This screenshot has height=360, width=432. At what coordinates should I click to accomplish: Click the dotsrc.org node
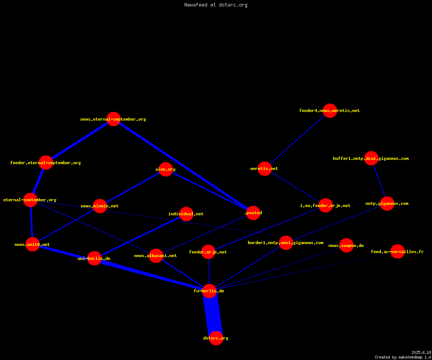click(216, 338)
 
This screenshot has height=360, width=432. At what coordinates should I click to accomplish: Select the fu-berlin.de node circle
click(209, 291)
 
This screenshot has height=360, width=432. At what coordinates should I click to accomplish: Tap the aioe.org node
click(166, 169)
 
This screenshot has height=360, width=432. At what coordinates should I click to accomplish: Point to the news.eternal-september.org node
click(113, 119)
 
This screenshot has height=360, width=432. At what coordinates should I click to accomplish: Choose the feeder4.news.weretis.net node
click(330, 111)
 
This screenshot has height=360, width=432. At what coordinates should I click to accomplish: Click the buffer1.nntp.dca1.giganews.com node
click(371, 158)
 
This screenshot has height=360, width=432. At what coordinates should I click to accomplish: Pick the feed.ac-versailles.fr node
click(397, 251)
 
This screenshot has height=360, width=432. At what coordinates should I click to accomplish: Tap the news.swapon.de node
click(346, 246)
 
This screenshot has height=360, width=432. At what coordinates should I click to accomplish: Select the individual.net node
click(186, 214)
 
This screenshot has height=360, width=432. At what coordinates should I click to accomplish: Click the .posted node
click(253, 213)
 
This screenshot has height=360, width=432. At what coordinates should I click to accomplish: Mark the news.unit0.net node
click(32, 244)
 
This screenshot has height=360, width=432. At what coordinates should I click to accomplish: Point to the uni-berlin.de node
click(94, 258)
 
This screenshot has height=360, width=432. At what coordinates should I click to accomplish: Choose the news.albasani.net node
click(156, 256)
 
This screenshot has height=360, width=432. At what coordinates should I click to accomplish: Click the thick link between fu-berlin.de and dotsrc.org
click(213, 315)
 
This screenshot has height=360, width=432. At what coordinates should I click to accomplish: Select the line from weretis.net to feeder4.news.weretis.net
click(297, 139)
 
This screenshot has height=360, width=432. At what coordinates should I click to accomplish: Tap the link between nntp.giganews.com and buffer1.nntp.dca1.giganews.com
click(379, 181)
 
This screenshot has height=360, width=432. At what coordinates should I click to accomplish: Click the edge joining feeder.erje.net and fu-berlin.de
click(209, 271)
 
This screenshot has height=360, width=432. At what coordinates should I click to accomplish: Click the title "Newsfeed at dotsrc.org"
click(216, 5)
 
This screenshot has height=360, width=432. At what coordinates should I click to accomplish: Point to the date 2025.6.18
click(421, 352)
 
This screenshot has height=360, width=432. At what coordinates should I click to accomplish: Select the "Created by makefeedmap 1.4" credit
click(402, 357)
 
